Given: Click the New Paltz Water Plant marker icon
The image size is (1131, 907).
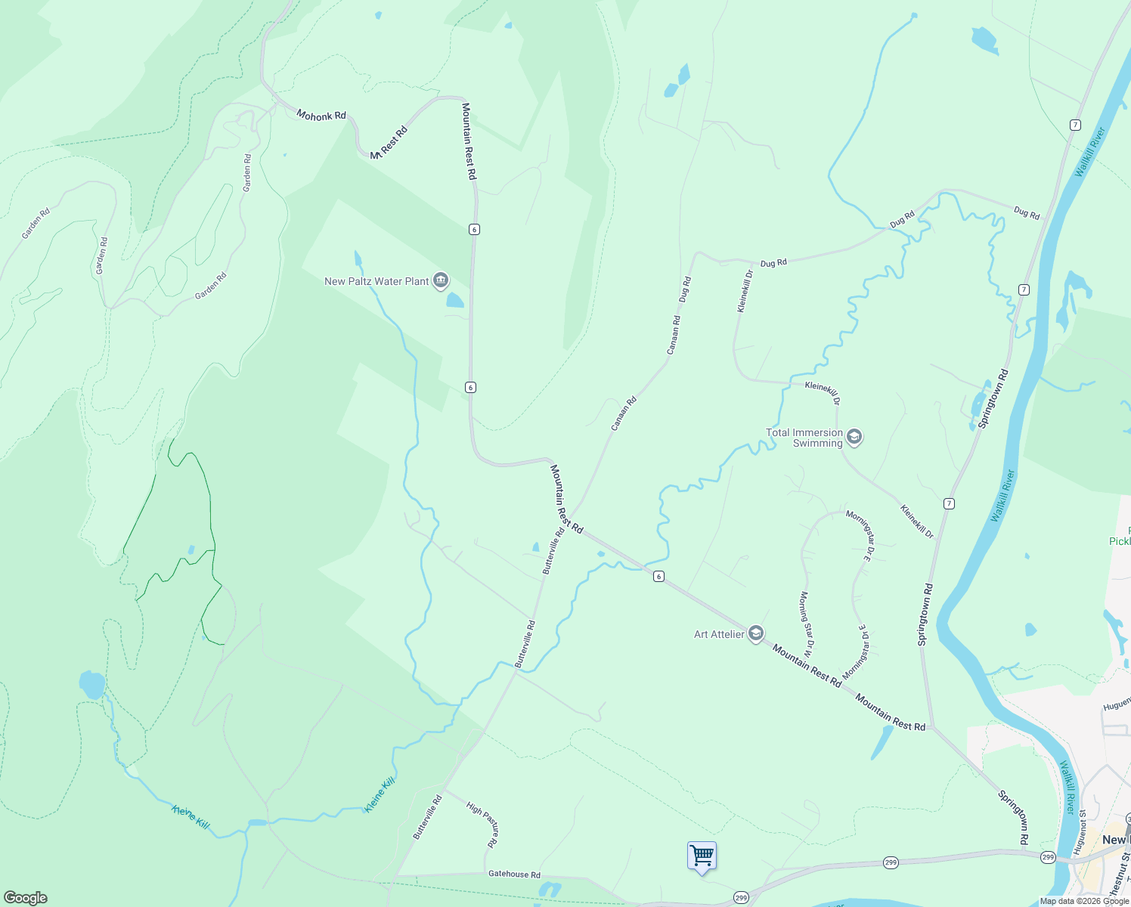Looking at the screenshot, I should point(440,281).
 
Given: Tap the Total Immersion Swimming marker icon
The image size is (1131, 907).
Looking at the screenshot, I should point(854,437).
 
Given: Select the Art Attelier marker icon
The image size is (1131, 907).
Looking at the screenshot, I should point(755,634).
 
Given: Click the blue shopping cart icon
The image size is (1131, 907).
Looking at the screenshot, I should point(702,856).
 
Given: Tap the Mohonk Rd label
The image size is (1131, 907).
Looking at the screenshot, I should point(321,116).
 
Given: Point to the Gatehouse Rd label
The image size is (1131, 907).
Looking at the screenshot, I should point(514,874).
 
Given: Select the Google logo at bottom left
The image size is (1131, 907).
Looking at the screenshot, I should point(25,897).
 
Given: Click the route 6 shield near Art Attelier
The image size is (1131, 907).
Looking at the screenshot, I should point(658,577).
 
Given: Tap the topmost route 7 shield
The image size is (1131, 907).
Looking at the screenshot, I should point(1075,125).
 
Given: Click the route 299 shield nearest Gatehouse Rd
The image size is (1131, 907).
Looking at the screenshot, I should point(741,898).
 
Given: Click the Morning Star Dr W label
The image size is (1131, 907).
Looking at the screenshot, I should point(806,624).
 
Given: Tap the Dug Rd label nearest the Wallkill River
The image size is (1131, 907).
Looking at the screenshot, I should point(1026,213).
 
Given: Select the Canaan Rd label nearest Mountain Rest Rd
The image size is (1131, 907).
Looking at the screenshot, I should point(624,413).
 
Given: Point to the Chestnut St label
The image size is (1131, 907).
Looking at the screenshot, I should point(1117,877).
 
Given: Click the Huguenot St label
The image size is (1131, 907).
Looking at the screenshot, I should point(1083,831).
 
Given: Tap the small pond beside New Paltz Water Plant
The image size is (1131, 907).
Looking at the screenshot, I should point(454,300).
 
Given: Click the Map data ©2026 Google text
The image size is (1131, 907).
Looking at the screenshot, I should point(1084,901).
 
